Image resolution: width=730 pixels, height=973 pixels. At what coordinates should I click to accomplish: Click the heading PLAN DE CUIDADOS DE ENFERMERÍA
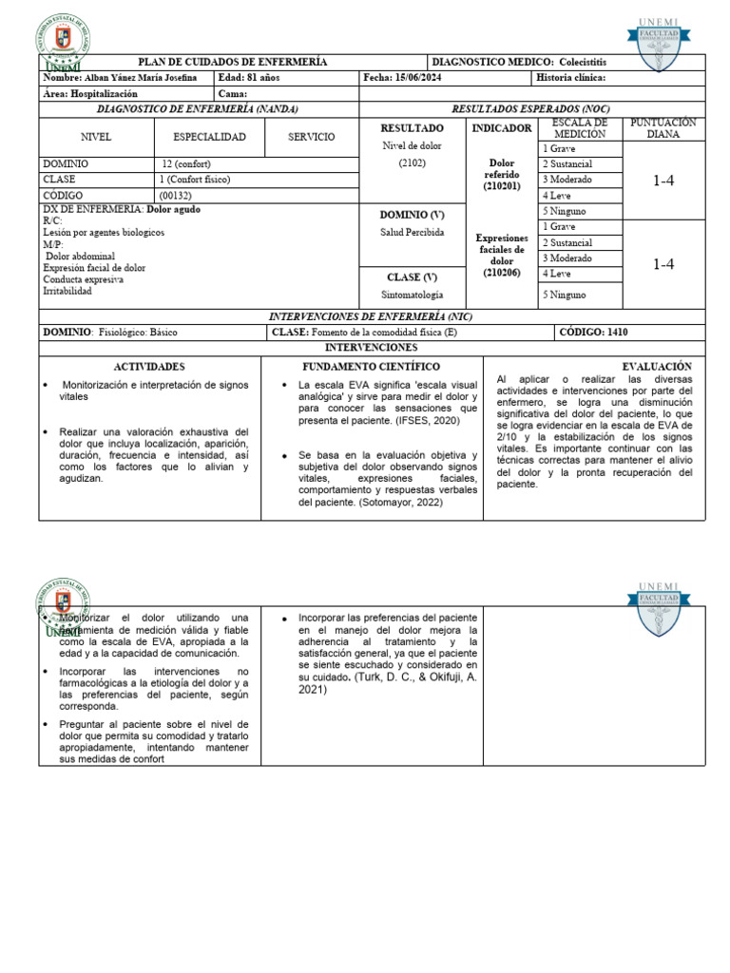233,62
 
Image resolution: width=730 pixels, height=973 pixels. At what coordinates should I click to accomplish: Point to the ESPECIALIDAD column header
209,137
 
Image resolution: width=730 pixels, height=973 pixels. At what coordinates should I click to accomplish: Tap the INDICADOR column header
501,128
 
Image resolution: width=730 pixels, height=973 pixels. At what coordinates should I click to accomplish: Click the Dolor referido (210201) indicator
501,176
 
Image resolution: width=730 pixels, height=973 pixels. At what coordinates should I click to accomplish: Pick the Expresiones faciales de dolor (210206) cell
501,254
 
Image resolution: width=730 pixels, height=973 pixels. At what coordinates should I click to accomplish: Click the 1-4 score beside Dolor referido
663,180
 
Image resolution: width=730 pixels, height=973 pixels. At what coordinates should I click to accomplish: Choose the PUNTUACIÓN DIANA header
663,128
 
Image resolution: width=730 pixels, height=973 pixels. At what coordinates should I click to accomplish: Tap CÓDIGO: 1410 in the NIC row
593,333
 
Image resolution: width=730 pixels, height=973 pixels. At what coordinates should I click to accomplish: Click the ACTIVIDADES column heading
149,366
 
